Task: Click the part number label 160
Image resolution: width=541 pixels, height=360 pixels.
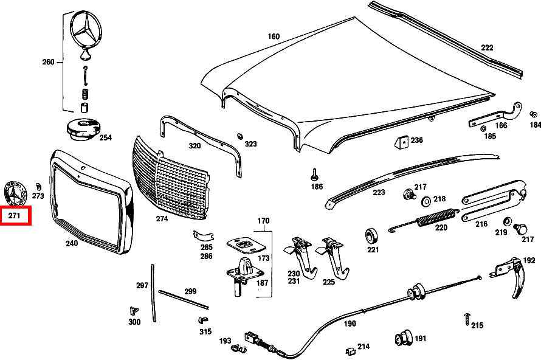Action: click(274, 36)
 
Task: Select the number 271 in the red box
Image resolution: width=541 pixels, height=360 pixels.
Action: click(15, 215)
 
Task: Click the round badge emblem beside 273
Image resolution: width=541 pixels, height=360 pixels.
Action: click(15, 192)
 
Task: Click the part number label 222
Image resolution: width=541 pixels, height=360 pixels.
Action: click(487, 47)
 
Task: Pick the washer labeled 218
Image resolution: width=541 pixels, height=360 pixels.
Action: click(426, 200)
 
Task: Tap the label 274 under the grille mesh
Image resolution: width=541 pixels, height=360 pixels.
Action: click(162, 218)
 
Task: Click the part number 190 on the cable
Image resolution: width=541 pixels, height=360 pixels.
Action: click(350, 324)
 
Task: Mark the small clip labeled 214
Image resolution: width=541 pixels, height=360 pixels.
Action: click(350, 351)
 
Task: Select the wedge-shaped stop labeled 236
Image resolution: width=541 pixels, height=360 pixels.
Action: click(401, 142)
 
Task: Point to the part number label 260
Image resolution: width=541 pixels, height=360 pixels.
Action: click(49, 62)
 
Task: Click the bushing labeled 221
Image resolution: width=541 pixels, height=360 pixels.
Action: click(371, 235)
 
